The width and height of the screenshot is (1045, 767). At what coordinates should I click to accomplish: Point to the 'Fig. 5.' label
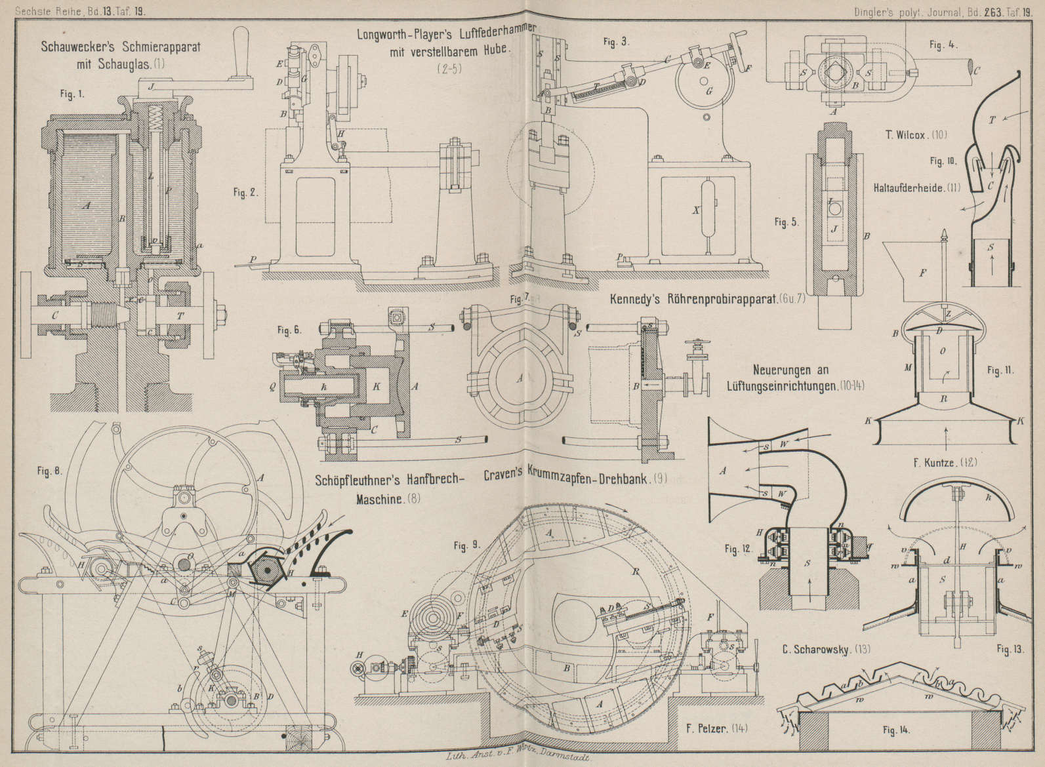coord(785,222)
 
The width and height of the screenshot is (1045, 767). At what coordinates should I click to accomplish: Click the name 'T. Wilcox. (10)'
coord(915,135)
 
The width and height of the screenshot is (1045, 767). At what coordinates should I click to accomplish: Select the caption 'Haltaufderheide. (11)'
coord(916,187)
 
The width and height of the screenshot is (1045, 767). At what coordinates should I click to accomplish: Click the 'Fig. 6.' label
coord(289,331)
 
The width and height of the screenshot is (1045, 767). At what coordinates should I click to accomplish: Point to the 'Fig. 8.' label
coord(49,470)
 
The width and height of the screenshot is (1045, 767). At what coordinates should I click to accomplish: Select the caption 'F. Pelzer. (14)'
coord(716,728)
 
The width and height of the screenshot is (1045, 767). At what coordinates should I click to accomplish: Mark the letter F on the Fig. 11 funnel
coord(922,273)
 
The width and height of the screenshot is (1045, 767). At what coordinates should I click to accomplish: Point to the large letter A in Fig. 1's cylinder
coord(86,205)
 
